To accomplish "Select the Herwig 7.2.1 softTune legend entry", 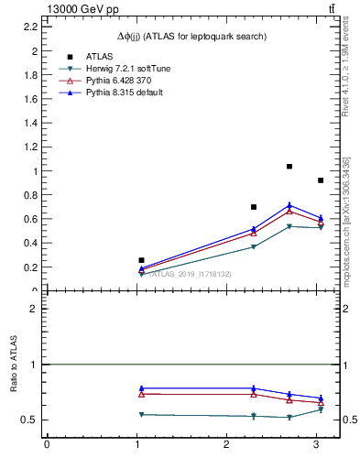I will [116, 69].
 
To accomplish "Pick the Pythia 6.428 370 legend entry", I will [116, 81].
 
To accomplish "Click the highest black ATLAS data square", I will [289, 167].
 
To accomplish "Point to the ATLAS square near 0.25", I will [141, 261].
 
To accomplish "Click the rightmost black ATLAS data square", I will [321, 180].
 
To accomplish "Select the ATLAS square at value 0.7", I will [254, 207].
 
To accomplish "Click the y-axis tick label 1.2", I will [30, 147].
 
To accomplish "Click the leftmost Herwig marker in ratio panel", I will [141, 415].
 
